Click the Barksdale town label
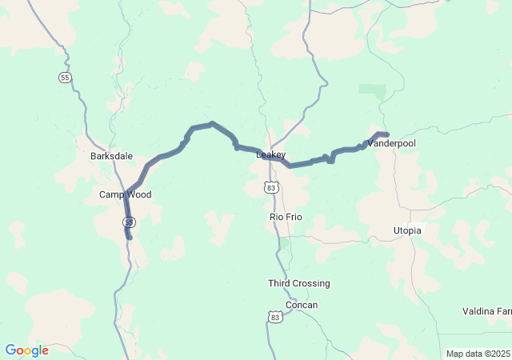111,156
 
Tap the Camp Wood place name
125,194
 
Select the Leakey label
270,154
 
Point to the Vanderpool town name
391,142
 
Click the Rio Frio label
285,217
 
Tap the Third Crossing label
298,283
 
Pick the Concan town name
302,305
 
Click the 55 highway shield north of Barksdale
65,77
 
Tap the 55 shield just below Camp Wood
129,222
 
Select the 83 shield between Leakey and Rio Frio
272,187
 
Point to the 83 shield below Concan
275,318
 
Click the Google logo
26,350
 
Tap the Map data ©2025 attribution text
478,354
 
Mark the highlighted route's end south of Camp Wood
130,238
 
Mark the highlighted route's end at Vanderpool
387,134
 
